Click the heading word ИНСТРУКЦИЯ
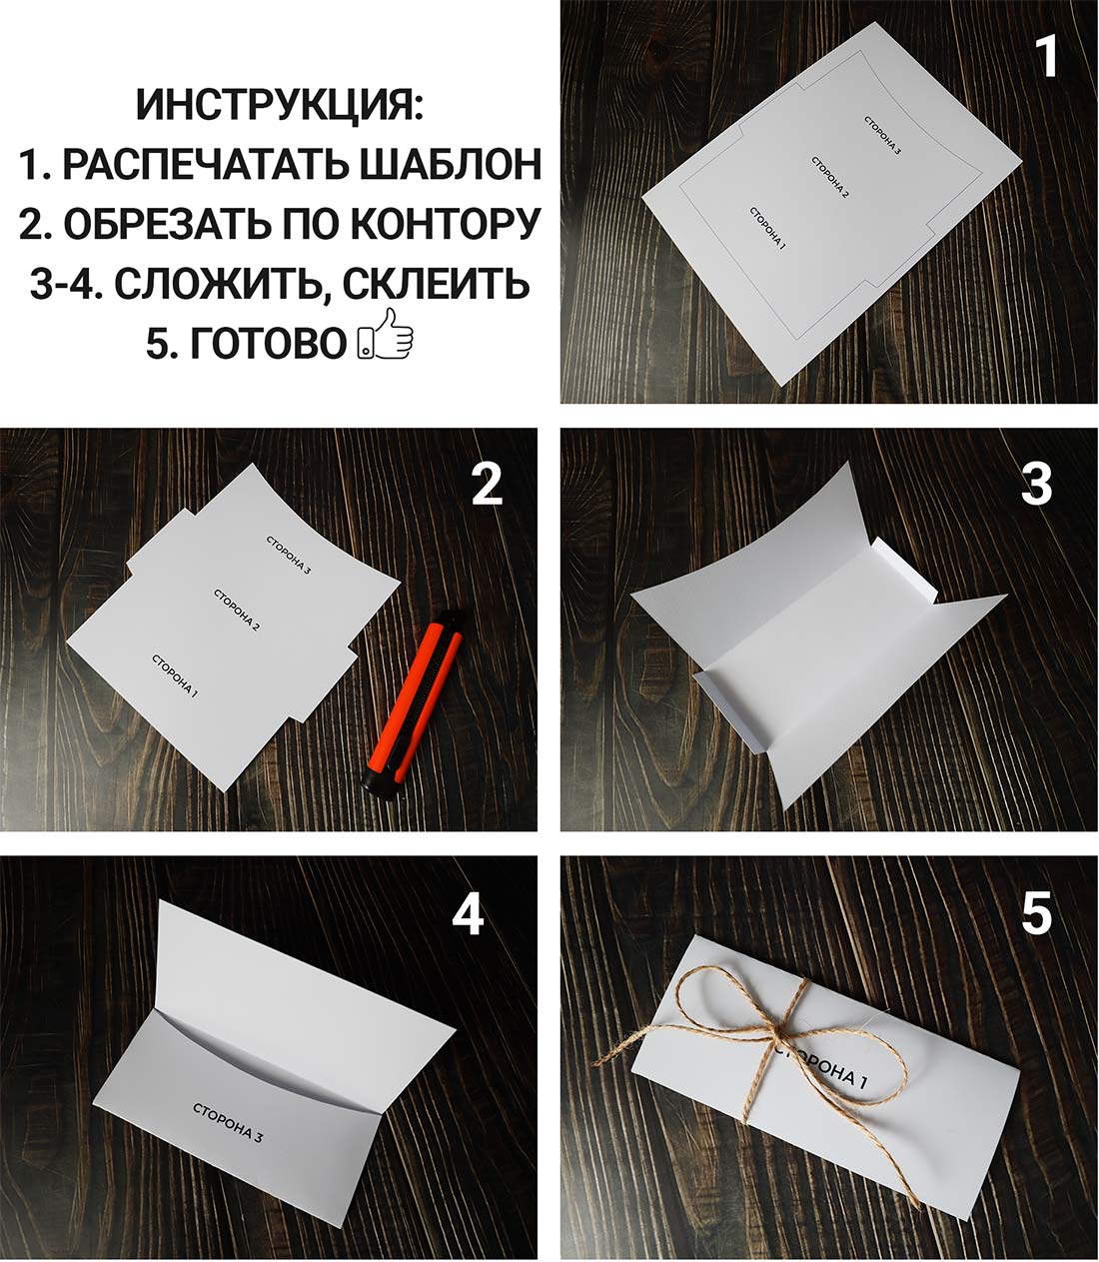[279, 105]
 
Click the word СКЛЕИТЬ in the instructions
[436, 284]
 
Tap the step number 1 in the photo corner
[1045, 57]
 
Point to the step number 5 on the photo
[1036, 914]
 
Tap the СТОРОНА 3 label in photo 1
[883, 135]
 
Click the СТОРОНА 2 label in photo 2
[237, 610]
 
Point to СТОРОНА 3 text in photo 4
[228, 1123]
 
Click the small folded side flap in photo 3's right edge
[905, 574]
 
